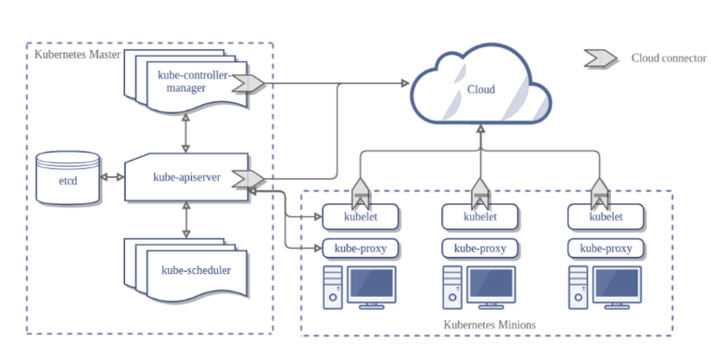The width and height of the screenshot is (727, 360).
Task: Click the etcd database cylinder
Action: [x=68, y=178]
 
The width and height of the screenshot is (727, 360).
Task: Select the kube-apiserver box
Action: [x=186, y=177]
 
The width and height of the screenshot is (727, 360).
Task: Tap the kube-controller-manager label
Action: [x=193, y=82]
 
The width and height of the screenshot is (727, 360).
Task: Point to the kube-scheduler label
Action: [x=197, y=270]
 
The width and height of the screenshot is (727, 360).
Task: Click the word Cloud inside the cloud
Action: [x=480, y=89]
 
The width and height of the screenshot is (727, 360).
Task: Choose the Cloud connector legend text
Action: [x=669, y=58]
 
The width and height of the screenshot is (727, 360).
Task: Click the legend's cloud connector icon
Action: [x=601, y=58]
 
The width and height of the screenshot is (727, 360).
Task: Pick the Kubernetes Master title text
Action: [x=78, y=55]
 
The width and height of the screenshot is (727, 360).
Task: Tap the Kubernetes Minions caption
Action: [x=490, y=325]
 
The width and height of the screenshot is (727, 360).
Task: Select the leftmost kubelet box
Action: [x=360, y=217]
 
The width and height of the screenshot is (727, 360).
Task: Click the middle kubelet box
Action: [x=480, y=217]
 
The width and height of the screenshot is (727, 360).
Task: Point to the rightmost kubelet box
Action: [x=606, y=217]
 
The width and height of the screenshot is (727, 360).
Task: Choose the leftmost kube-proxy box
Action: [x=360, y=249]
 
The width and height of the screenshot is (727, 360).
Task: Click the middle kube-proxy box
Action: [x=480, y=249]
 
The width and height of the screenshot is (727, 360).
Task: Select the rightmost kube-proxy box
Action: [x=606, y=249]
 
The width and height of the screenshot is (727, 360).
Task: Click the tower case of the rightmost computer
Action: [x=578, y=288]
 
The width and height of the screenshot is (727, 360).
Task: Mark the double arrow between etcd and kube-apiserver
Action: [x=112, y=176]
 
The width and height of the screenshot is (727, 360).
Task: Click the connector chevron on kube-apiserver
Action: [x=249, y=178]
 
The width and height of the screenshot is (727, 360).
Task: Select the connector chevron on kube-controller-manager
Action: [x=249, y=84]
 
